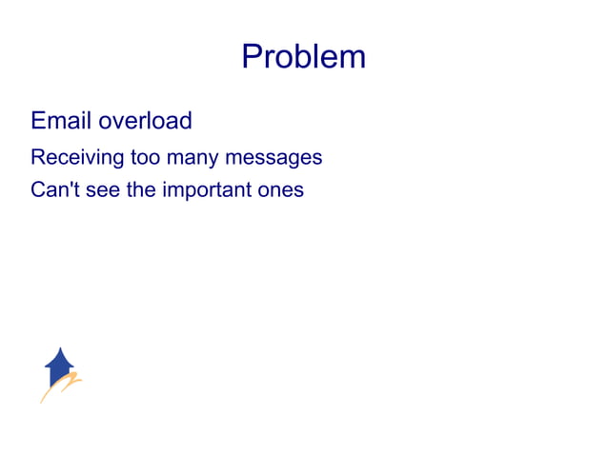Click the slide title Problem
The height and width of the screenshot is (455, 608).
click(x=303, y=57)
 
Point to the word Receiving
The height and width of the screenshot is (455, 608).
click(x=71, y=157)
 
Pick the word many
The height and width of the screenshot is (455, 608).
click(x=193, y=157)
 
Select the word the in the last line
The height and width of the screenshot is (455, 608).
click(x=141, y=189)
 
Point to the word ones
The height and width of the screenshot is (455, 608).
click(x=281, y=189)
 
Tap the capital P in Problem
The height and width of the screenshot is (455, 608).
click(x=252, y=57)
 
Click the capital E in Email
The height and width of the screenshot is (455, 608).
click(x=38, y=122)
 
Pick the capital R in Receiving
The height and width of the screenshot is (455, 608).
click(x=37, y=157)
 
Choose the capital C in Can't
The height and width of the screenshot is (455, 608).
click(x=37, y=189)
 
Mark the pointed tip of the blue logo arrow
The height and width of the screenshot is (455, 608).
click(x=60, y=348)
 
